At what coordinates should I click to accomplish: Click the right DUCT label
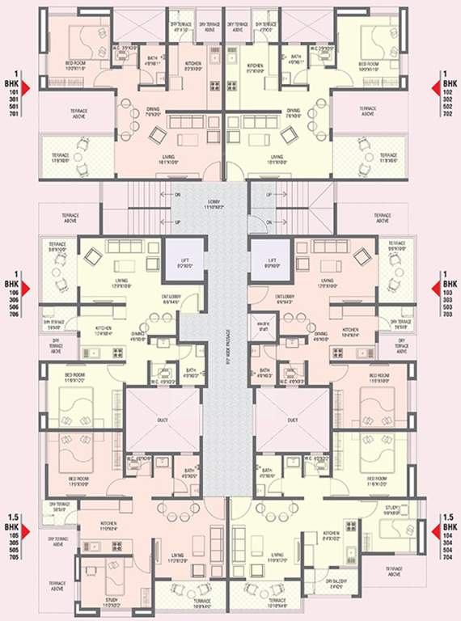click(x=291, y=420)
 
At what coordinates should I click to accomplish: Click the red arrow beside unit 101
click(x=24, y=85)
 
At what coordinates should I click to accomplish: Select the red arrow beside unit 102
click(x=438, y=85)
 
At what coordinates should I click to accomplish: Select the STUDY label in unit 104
click(x=391, y=510)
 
